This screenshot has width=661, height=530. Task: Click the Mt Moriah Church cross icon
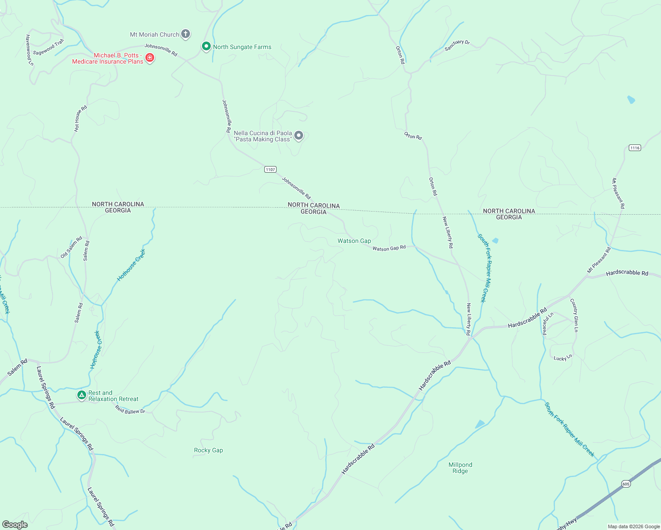(x=186, y=34)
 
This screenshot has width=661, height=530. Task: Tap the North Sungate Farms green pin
(x=206, y=46)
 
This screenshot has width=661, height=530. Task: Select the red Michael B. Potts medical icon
(x=150, y=58)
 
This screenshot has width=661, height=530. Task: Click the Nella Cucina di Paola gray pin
(x=299, y=136)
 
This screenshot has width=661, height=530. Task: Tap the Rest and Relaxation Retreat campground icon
(x=81, y=395)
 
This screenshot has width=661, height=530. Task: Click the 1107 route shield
(x=270, y=170)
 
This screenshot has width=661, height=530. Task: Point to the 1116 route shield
(x=634, y=148)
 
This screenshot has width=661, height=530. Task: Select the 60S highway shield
(x=626, y=484)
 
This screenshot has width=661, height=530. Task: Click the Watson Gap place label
(x=354, y=241)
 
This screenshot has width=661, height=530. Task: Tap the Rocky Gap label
(x=208, y=450)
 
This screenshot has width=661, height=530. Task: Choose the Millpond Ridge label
(x=460, y=468)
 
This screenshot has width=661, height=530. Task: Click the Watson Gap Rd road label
(x=389, y=248)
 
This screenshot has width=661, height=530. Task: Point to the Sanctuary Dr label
(x=457, y=45)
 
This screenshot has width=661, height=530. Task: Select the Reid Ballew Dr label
(x=130, y=410)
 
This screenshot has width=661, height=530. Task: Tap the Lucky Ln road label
(x=562, y=358)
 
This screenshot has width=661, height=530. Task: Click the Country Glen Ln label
(x=574, y=315)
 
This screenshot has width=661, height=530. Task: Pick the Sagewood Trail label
(x=49, y=47)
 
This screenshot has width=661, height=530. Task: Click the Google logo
(x=15, y=525)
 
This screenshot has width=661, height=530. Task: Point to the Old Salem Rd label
(x=72, y=247)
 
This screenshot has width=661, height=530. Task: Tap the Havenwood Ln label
(x=29, y=50)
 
